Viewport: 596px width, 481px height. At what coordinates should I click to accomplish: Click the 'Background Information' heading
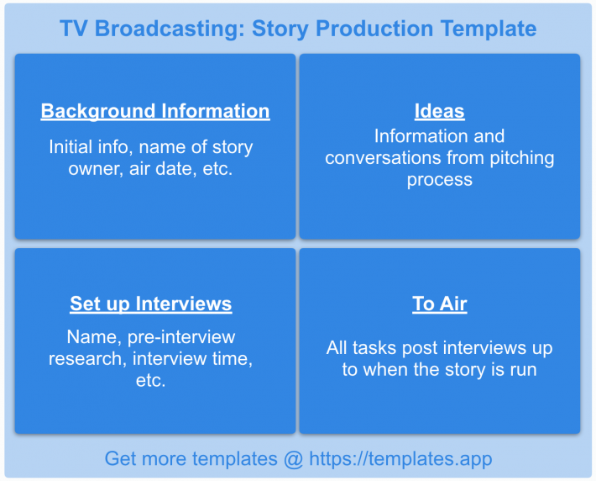155,111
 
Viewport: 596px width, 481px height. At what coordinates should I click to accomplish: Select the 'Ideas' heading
439,111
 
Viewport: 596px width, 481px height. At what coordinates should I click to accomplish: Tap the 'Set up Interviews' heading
151,304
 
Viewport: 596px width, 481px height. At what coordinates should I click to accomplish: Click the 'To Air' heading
440,304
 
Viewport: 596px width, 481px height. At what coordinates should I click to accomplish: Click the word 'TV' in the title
74,29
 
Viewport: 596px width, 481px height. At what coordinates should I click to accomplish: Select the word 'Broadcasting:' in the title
170,29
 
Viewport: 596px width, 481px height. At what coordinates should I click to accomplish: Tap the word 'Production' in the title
374,29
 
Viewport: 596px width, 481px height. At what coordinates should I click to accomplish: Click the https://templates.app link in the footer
400,458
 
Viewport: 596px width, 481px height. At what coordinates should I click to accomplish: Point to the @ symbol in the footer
293,459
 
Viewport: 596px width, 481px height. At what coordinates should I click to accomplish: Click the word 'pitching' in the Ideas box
522,158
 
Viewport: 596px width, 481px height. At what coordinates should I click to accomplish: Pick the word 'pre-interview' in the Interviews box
181,337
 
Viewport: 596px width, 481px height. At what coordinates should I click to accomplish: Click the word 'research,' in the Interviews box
88,359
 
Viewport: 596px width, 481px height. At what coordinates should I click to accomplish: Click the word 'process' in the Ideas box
440,180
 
